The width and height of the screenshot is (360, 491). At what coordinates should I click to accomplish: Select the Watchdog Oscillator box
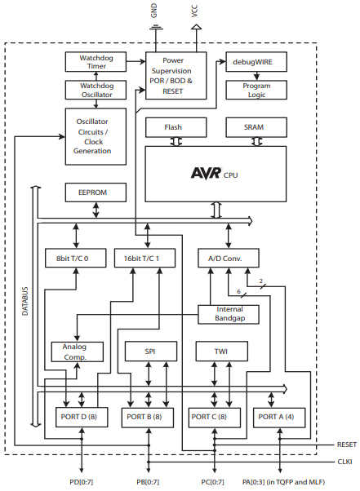coord(97,91)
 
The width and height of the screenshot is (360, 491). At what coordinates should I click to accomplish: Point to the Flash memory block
coord(173,128)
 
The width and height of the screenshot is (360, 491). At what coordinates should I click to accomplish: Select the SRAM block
coord(254,128)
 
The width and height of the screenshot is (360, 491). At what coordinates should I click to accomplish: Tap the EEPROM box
coord(96,192)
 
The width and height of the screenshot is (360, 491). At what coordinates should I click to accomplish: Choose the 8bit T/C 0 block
coord(74,258)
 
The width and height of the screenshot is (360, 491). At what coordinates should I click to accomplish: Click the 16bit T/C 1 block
coord(147,258)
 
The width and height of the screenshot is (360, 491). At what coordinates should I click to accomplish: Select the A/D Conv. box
coord(228,258)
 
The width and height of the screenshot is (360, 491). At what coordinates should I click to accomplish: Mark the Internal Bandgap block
coord(229,314)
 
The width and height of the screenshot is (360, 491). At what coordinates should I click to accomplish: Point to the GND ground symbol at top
coord(154,28)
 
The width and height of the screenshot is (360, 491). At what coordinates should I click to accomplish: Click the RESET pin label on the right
coord(346,445)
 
